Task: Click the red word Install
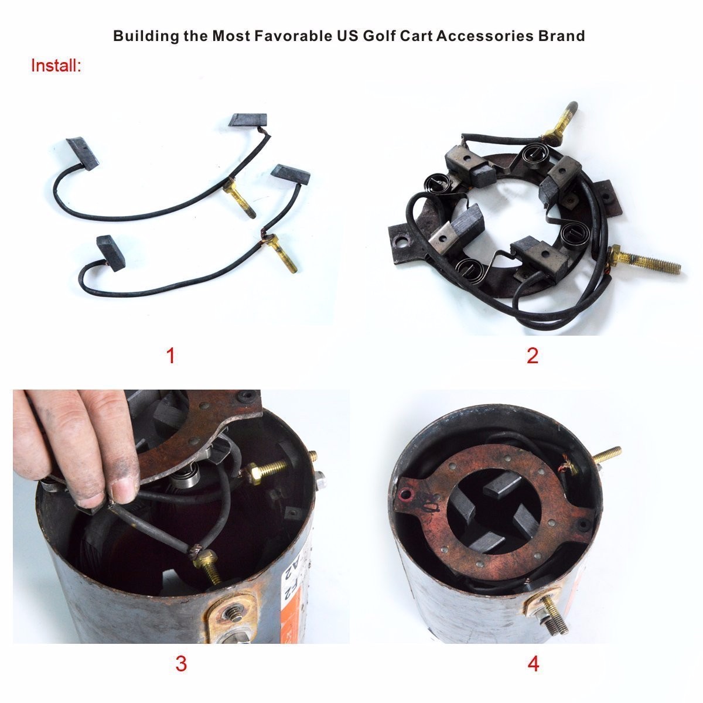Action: click(56, 66)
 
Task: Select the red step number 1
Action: click(170, 355)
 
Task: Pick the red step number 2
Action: click(533, 355)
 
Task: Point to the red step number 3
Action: click(181, 663)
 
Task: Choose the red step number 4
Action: click(533, 663)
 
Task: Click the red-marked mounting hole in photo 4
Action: click(405, 495)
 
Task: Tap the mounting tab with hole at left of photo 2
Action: click(402, 243)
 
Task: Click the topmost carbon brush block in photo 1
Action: click(248, 120)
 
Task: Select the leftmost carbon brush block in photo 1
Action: click(81, 153)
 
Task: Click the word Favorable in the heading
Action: click(294, 36)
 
